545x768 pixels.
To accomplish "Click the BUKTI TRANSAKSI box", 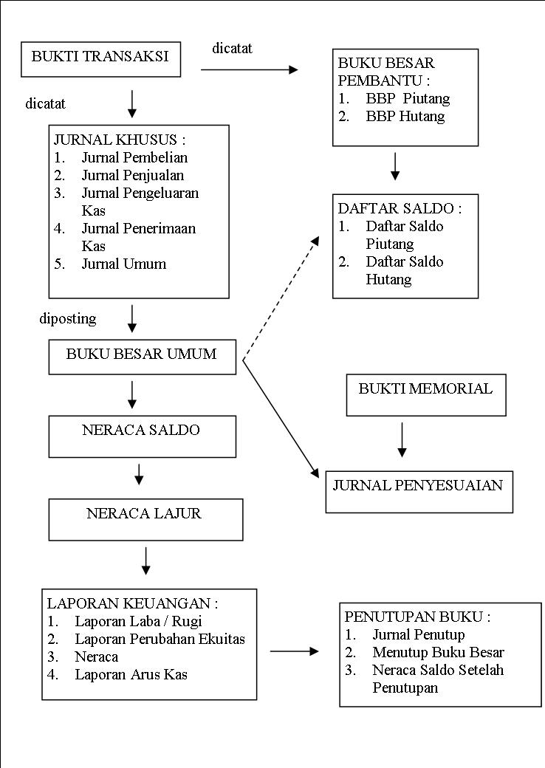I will pyautogui.click(x=101, y=58).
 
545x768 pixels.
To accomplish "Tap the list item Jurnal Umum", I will pyautogui.click(x=123, y=264).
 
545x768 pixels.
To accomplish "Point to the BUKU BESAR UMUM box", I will pyautogui.click(x=142, y=356).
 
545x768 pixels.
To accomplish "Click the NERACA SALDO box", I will pyautogui.click(x=142, y=436).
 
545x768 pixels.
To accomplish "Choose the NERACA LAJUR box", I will pyautogui.click(x=145, y=519).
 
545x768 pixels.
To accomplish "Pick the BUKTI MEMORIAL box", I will pyautogui.click(x=426, y=394).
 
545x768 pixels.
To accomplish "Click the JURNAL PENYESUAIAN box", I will pyautogui.click(x=419, y=491).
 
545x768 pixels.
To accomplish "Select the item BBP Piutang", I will pyautogui.click(x=407, y=98).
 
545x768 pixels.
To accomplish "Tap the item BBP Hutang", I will pyautogui.click(x=405, y=116).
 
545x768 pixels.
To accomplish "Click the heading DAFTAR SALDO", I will pyautogui.click(x=400, y=208).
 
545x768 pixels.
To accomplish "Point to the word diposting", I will pyautogui.click(x=68, y=318).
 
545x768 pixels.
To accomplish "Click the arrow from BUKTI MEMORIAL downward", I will pyautogui.click(x=402, y=439).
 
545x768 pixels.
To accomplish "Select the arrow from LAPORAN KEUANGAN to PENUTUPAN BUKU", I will pyautogui.click(x=294, y=651).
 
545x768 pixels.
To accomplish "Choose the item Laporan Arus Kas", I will pyautogui.click(x=131, y=674).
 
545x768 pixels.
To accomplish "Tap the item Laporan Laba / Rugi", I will pyautogui.click(x=138, y=621).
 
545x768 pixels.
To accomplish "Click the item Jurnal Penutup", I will pyautogui.click(x=418, y=634).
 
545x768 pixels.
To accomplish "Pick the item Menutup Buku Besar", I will pyautogui.click(x=438, y=652).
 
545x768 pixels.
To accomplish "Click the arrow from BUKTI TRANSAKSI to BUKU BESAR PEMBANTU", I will pyautogui.click(x=249, y=70).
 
